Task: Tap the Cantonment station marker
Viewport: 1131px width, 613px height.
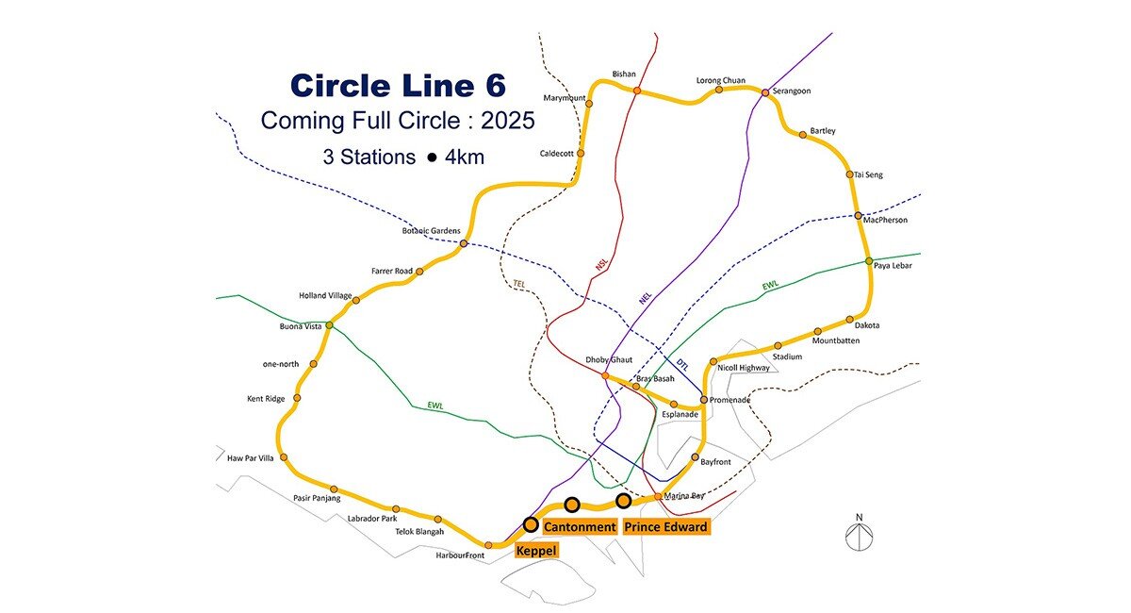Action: pos(572,505)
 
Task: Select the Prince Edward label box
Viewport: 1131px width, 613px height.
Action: pos(666,526)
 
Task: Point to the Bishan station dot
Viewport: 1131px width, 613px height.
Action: pos(637,91)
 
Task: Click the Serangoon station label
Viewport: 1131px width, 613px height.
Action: pos(792,91)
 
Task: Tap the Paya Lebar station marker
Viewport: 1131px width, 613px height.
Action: pos(869,261)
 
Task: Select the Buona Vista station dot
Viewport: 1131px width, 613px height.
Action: pos(329,325)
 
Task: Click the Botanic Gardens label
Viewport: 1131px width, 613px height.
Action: pos(432,231)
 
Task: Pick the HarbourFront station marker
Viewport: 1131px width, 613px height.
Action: pos(488,545)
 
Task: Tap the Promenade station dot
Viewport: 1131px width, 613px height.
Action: pos(703,400)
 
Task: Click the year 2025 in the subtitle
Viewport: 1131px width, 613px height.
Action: pos(504,121)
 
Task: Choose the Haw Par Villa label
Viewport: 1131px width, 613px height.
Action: pos(249,458)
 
